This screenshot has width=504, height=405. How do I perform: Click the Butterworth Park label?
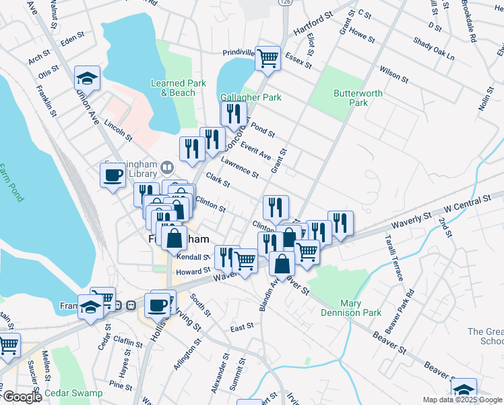[x=358, y=98]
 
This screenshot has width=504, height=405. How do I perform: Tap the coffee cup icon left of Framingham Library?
[x=113, y=175]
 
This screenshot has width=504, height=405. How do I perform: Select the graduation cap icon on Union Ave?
[x=87, y=78]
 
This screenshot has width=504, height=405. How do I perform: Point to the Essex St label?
[x=298, y=61]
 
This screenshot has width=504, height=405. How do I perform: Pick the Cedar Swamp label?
[x=74, y=393]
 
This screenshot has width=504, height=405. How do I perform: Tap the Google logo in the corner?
[x=22, y=397]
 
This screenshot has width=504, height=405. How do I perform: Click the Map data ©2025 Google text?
[x=462, y=400]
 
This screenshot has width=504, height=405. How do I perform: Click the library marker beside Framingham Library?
[x=167, y=167]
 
